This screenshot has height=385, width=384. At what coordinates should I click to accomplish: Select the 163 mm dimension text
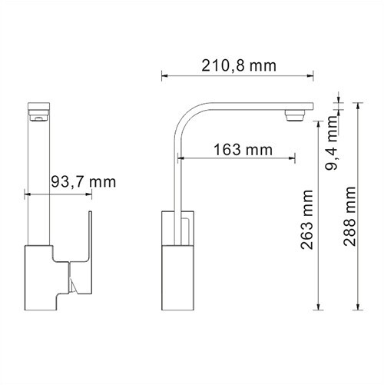click(x=237, y=149)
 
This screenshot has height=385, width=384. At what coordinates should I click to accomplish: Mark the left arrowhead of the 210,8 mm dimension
click(x=163, y=75)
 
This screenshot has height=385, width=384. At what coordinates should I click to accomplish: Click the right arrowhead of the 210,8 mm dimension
click(x=313, y=75)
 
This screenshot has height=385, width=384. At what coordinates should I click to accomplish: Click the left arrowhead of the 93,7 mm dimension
click(x=28, y=193)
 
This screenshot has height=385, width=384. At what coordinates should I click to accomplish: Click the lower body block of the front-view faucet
click(x=42, y=280)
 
